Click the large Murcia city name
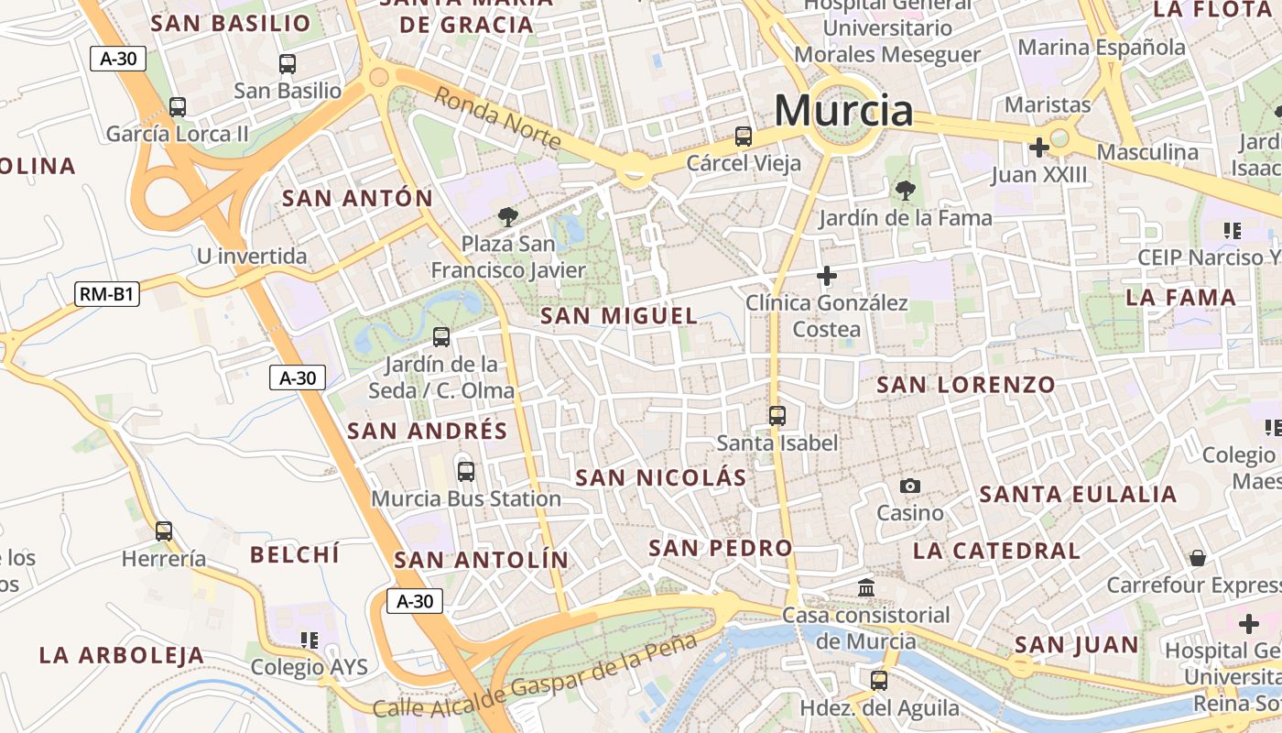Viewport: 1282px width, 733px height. pyautogui.click(x=843, y=111)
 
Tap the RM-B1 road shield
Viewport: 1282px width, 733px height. pyautogui.click(x=106, y=294)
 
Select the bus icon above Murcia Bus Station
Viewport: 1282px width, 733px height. pyautogui.click(x=466, y=472)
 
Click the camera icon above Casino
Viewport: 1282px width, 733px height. pyautogui.click(x=909, y=486)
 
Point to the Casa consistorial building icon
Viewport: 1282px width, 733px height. pyautogui.click(x=866, y=586)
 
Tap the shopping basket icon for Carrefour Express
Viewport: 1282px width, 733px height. pyautogui.click(x=1197, y=557)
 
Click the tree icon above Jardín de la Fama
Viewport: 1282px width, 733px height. pyautogui.click(x=905, y=191)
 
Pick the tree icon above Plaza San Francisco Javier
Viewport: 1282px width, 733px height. pyautogui.click(x=507, y=217)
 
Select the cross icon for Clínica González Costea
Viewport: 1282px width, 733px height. pyautogui.click(x=827, y=275)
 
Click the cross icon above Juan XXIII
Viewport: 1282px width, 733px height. pyautogui.click(x=1038, y=147)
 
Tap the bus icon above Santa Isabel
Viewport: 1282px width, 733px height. pyautogui.click(x=777, y=416)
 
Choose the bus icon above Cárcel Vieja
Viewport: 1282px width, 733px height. pyautogui.click(x=744, y=137)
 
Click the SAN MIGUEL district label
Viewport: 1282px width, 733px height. pyautogui.click(x=619, y=317)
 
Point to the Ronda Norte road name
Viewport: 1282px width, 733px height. pyautogui.click(x=497, y=117)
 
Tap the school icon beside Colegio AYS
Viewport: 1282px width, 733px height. pyautogui.click(x=310, y=640)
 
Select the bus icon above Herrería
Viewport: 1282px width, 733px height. pyautogui.click(x=164, y=531)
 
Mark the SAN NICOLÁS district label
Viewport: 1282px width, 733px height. pyautogui.click(x=660, y=478)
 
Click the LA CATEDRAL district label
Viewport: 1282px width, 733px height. pyautogui.click(x=996, y=551)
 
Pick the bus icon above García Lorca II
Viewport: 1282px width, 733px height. pyautogui.click(x=178, y=106)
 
